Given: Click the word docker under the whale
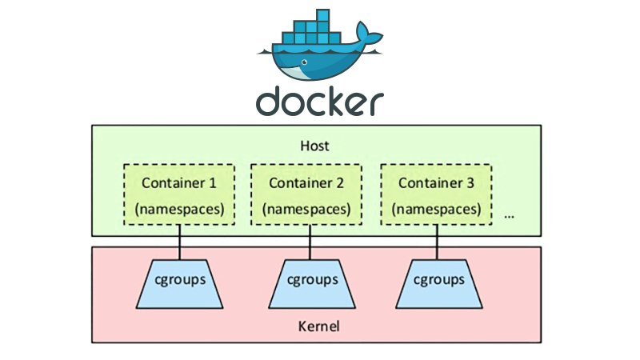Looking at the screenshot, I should (320, 102).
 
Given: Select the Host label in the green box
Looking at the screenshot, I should (314, 147).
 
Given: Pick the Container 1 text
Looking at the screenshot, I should (178, 182).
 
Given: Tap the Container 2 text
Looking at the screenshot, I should (306, 182).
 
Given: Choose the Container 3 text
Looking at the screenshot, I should (436, 182).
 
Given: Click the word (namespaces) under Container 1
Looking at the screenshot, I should (178, 209).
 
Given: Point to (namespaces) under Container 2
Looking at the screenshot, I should (306, 209).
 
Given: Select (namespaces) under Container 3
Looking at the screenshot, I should (436, 209).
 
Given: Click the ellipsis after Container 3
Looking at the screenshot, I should (508, 216).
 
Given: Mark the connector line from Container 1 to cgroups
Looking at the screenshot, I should (179, 242).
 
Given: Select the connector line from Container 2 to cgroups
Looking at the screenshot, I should (308, 242).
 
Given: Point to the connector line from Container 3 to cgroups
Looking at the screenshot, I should (436, 242).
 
